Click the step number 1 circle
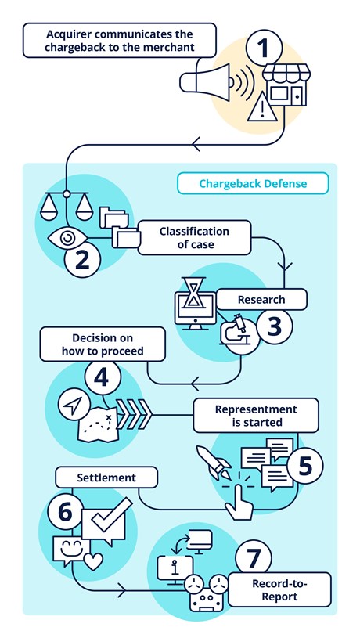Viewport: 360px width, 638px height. tap(264, 49)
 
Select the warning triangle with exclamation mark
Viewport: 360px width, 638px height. tap(263, 106)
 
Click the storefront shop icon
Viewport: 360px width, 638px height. tap(286, 85)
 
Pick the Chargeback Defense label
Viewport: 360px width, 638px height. tap(253, 183)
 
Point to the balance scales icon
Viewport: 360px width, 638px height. tap(67, 205)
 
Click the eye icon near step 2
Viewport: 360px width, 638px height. tap(67, 238)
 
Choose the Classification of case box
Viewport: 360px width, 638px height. tap(194, 238)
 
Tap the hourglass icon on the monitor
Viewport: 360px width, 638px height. tap(193, 293)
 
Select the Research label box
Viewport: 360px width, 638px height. tap(261, 300)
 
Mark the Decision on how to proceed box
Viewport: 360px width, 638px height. tap(103, 344)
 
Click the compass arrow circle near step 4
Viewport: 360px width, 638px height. tap(74, 406)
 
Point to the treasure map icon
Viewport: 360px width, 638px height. tap(99, 425)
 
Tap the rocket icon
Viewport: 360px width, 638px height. tap(212, 462)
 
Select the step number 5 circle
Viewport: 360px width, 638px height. tap(305, 467)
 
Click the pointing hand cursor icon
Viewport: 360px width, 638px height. tap(239, 500)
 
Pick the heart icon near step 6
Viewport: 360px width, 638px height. tap(93, 561)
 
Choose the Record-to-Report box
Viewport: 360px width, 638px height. tap(279, 589)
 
